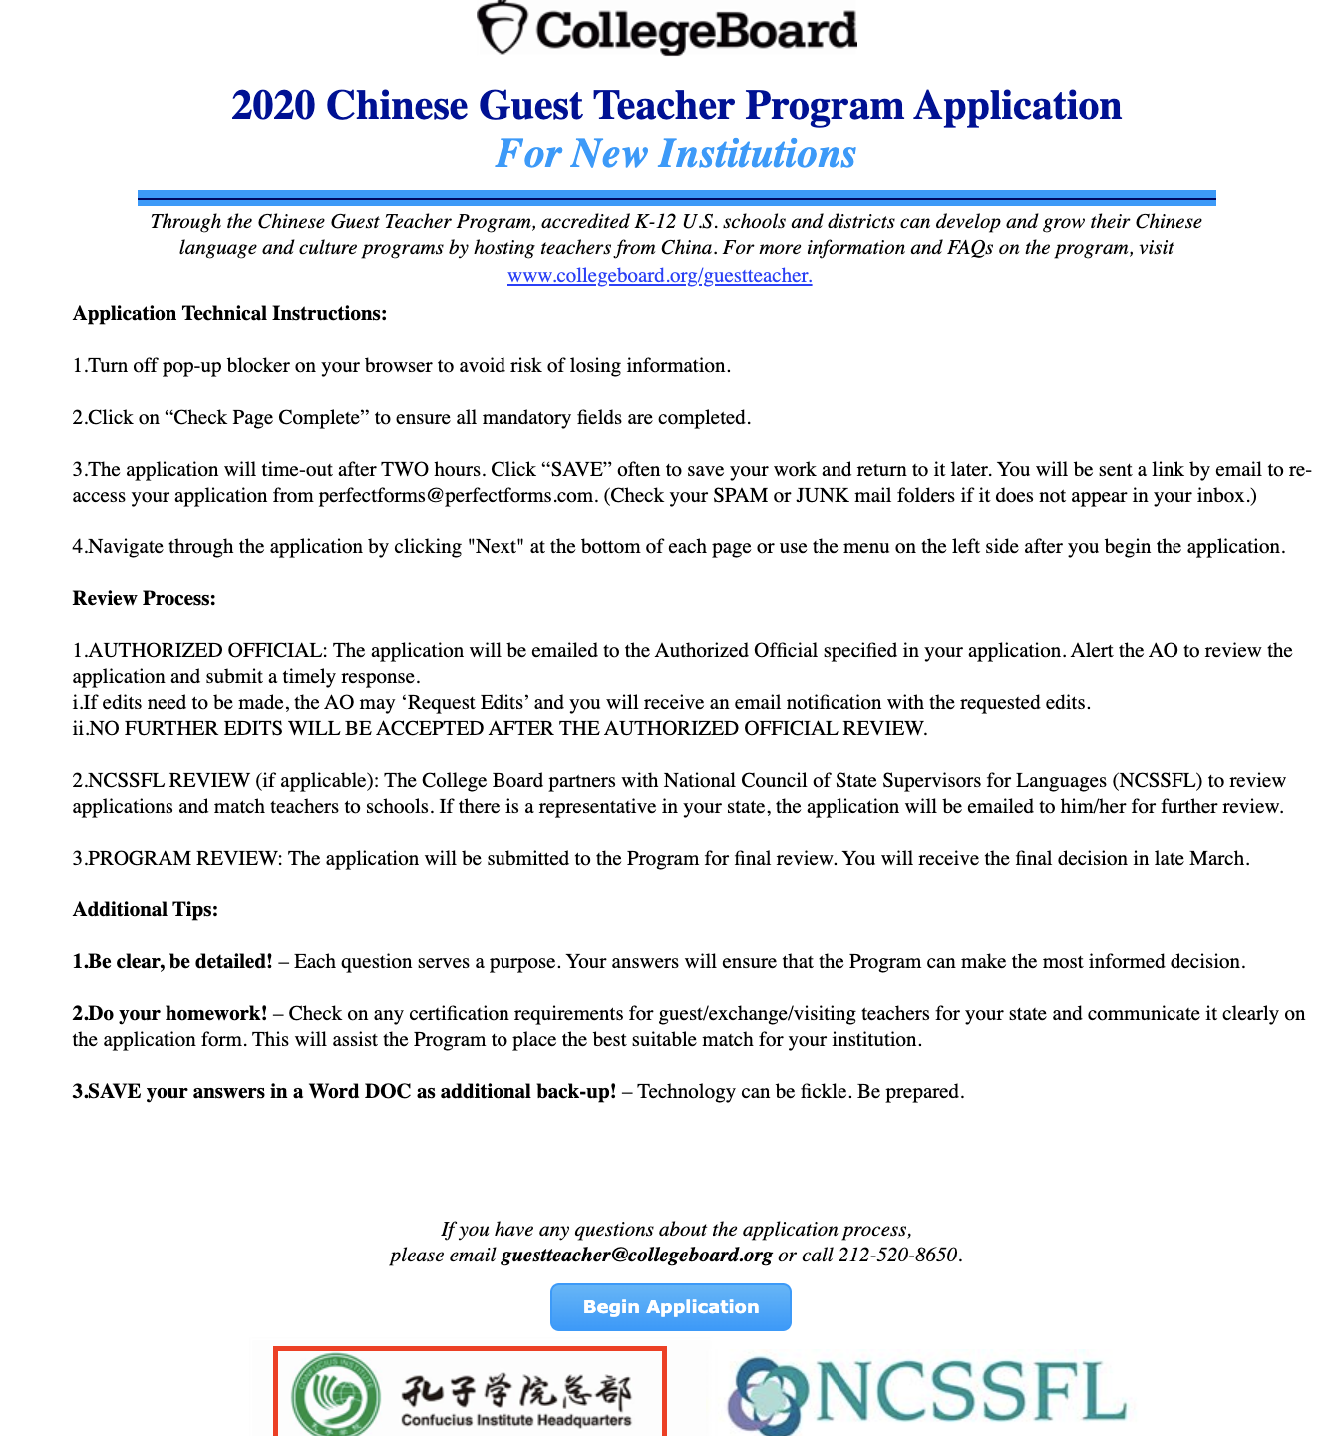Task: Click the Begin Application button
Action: [x=670, y=1307]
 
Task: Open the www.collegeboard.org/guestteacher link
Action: [x=659, y=276]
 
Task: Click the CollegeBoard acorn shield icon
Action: [x=500, y=28]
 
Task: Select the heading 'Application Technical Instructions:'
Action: [x=229, y=314]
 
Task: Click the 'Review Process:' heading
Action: [x=144, y=599]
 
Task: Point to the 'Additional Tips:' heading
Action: [x=145, y=910]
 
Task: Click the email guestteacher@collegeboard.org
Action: [x=636, y=1256]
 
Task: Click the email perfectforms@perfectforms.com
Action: [x=456, y=496]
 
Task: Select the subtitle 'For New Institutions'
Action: [x=675, y=154]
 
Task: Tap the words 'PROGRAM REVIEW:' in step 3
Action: [x=185, y=859]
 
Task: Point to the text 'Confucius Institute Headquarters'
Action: [x=515, y=1420]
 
